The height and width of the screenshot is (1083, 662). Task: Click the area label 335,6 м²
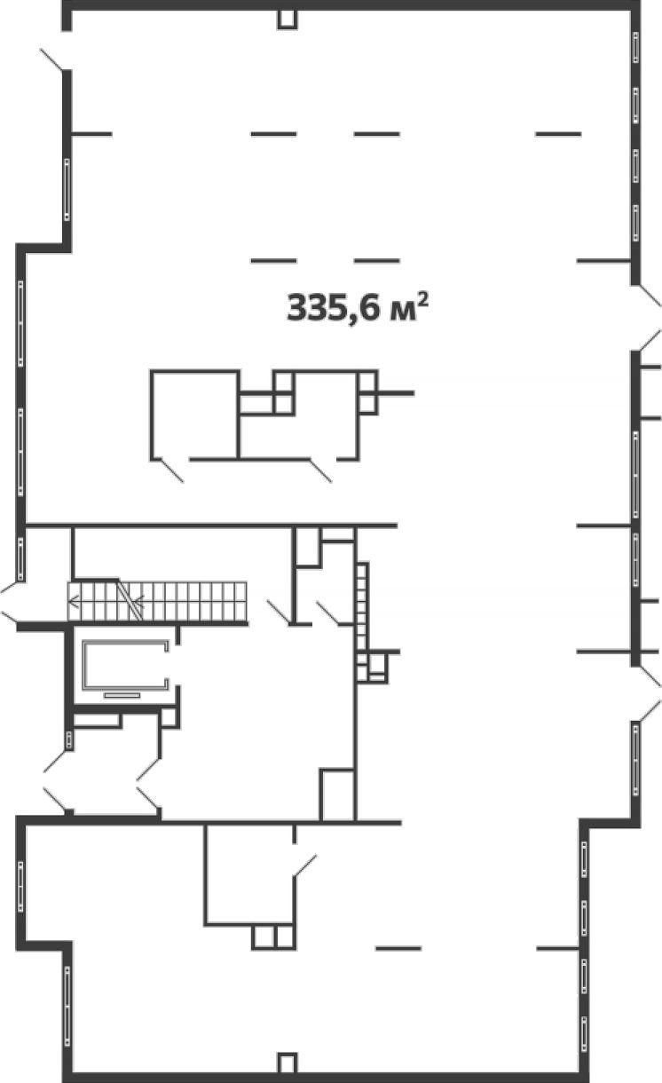click(358, 307)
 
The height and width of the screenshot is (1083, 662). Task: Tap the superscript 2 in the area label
click(422, 300)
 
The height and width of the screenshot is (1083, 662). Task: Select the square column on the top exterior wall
click(287, 19)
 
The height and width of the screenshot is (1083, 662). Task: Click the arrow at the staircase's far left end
click(75, 602)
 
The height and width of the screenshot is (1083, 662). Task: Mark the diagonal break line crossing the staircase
click(130, 600)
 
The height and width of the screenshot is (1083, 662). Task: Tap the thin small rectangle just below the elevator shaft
click(122, 695)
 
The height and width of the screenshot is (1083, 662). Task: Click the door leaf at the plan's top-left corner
click(51, 59)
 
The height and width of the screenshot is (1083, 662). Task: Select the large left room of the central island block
click(194, 415)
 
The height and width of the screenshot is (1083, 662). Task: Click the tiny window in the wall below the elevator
click(69, 739)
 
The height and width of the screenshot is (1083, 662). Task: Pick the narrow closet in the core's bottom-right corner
click(337, 794)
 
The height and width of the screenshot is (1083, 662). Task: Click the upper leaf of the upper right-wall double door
click(650, 296)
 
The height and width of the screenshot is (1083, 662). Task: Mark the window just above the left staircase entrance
click(20, 559)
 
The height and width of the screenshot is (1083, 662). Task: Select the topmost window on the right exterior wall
click(636, 47)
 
